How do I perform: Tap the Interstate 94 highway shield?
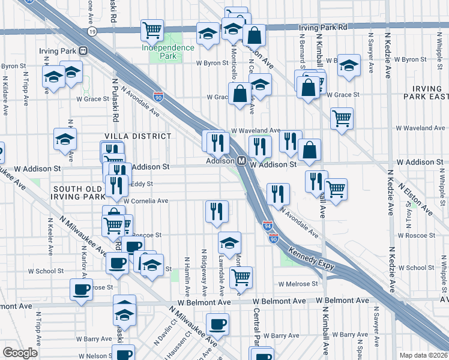coord(268,226)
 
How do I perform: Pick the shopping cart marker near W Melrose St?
coord(241,277)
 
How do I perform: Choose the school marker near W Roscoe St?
coord(229,242)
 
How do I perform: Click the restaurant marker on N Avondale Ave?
coord(278,193)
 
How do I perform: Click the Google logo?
coord(20,353)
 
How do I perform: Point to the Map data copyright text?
coord(424,355)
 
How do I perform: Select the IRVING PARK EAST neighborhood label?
coord(427,92)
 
